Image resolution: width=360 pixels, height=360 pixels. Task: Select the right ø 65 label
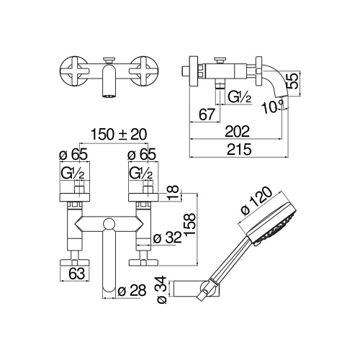click(x=139, y=153)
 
